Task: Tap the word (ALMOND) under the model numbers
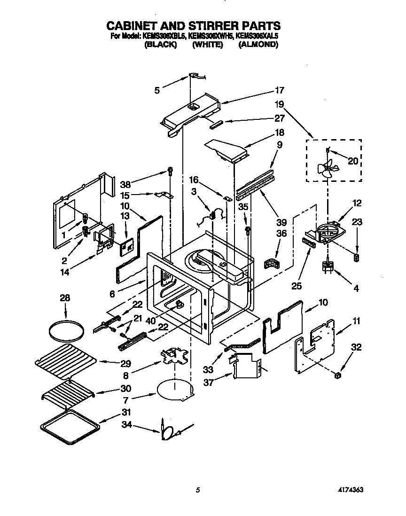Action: [x=258, y=45]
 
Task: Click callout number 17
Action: [x=280, y=90]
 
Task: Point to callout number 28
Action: [x=65, y=297]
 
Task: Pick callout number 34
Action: [x=139, y=426]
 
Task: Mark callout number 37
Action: [x=209, y=383]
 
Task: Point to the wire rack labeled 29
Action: [x=67, y=359]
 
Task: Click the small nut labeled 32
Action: [x=338, y=375]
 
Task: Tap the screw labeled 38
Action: [x=170, y=172]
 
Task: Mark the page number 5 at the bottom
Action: [x=198, y=490]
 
